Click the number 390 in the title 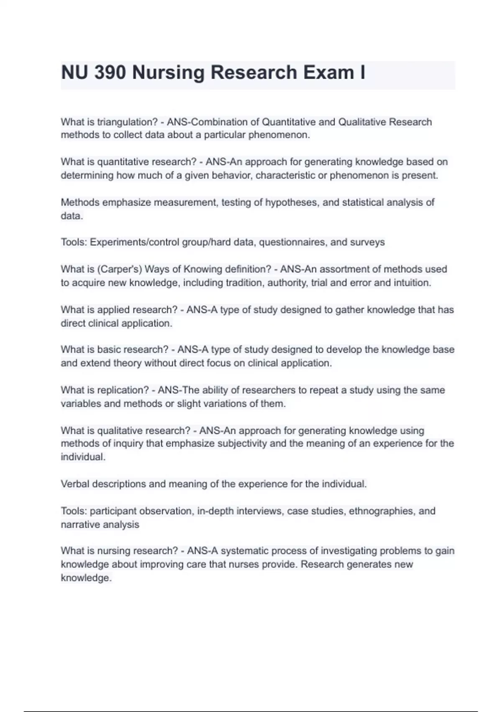tap(110, 72)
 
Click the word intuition tap(410, 283)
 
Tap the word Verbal tap(75, 484)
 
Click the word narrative tap(80, 525)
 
